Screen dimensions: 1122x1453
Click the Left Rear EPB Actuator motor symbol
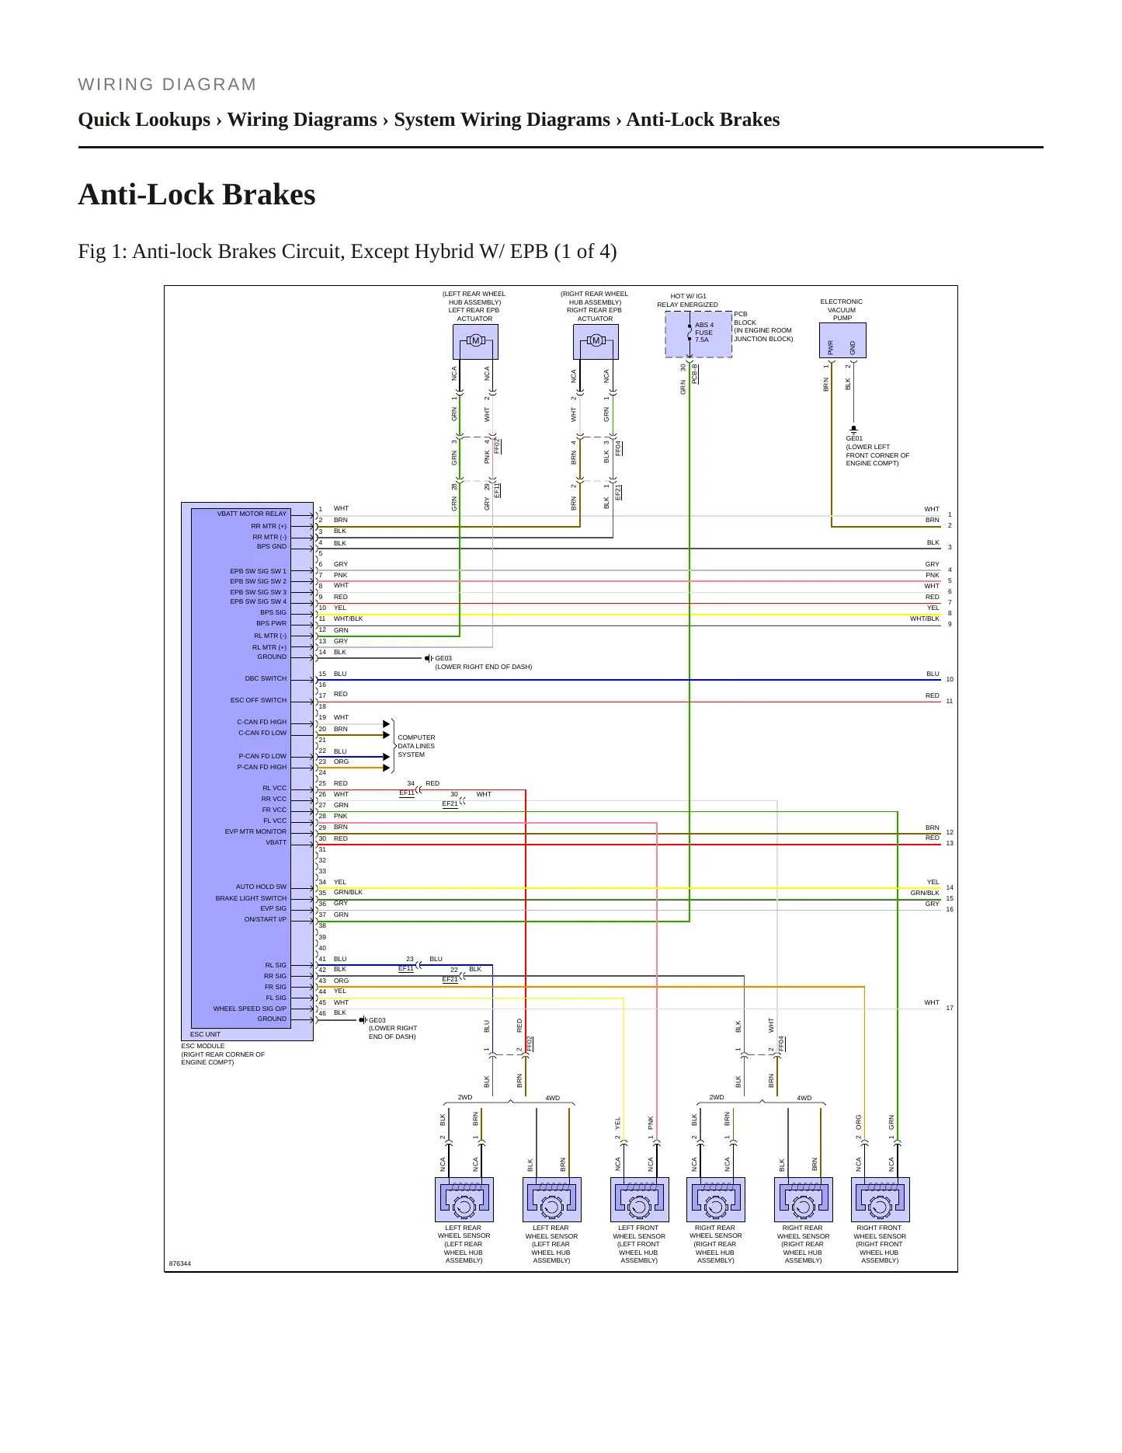[x=475, y=341]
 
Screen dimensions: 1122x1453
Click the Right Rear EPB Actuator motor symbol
[x=596, y=341]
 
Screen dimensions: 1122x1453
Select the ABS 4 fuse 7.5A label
[x=703, y=333]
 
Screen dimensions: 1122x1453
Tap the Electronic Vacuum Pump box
[x=842, y=340]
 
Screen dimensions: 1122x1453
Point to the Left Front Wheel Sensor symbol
[x=639, y=1200]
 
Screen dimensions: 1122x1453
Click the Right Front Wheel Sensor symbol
[x=880, y=1200]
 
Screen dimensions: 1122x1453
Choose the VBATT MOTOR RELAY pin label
[x=252, y=514]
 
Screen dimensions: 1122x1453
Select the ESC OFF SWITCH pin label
[x=259, y=700]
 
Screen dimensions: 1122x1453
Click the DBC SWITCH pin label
[x=266, y=678]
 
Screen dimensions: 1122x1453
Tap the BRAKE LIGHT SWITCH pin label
[x=251, y=898]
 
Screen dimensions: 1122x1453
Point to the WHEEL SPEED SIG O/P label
[x=250, y=1009]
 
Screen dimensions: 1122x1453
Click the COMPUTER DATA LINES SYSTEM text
[x=416, y=746]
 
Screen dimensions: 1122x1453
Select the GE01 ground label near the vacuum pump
[x=854, y=438]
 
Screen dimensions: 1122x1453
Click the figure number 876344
[x=179, y=1263]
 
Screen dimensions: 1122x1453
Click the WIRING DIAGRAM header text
[x=167, y=85]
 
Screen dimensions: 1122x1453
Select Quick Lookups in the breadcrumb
[x=144, y=120]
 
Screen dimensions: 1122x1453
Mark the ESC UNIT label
[x=205, y=1034]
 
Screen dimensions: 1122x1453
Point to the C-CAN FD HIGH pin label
[x=262, y=722]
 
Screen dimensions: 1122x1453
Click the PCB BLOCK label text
[x=745, y=319]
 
